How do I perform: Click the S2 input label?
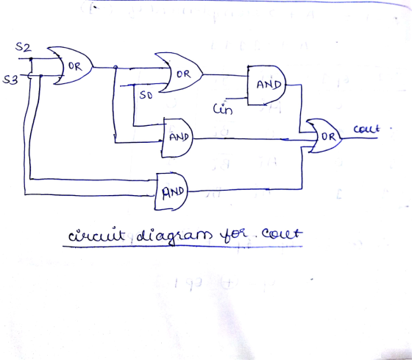click(23, 47)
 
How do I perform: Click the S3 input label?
click(10, 80)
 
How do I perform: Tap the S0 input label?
click(146, 95)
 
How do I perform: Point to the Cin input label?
click(223, 109)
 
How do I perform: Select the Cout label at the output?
click(367, 129)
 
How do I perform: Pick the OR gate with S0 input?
click(180, 73)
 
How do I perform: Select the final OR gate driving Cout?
click(324, 136)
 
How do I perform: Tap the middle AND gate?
click(177, 138)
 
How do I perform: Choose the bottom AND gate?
click(172, 191)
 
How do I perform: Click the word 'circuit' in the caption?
click(96, 235)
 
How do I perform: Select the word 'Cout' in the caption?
click(283, 233)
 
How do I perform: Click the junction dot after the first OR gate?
click(116, 68)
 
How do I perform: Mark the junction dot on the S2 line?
click(31, 59)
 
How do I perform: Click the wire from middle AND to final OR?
click(255, 139)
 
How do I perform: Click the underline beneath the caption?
click(182, 247)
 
